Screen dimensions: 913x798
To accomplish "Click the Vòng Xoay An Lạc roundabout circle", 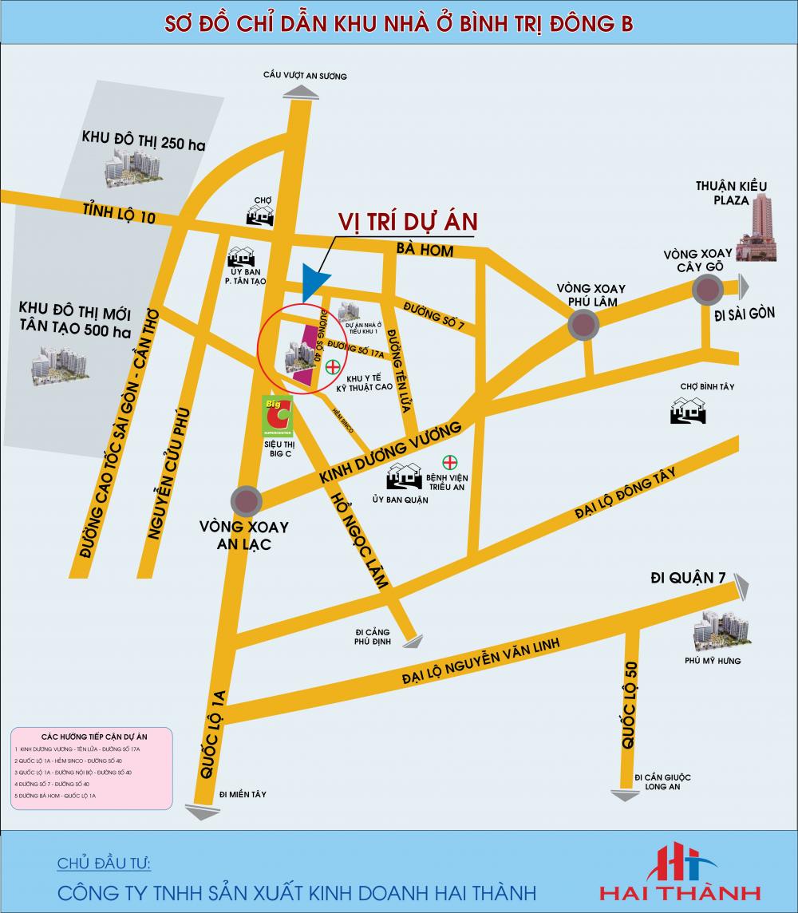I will (245, 501).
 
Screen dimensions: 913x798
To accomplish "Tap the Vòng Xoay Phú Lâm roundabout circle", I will (584, 326).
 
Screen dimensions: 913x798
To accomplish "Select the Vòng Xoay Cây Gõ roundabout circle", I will (708, 290).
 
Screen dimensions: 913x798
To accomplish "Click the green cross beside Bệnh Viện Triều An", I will (450, 463).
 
